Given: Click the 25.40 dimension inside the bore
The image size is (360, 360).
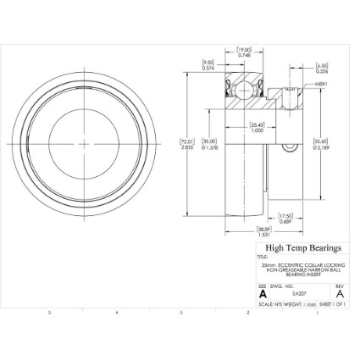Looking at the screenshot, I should point(257,128).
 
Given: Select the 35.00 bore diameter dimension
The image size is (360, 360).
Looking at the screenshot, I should point(208,144).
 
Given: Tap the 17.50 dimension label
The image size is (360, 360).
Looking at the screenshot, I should point(285,218).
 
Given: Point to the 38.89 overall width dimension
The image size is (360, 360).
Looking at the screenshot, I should point(263,231).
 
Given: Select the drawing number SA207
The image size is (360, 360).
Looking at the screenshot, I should point(299,293).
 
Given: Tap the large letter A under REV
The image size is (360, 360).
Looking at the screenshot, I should point(339,293).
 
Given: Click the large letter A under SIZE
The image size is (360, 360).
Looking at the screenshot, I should point(263,293).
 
